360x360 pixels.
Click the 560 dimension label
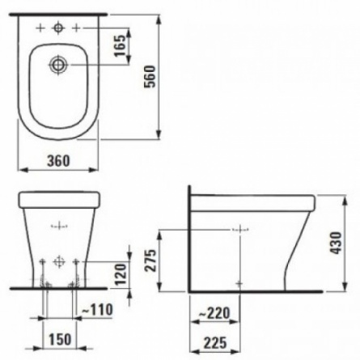click(150, 76)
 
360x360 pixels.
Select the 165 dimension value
click(120, 45)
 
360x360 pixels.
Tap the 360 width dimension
click(58, 161)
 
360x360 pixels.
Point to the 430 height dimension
click(337, 243)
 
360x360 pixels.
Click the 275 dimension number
click(150, 260)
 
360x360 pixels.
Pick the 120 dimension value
click(121, 274)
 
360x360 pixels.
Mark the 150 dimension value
click(60, 339)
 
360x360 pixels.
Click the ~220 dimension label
click(214, 313)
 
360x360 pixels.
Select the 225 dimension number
click(215, 343)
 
